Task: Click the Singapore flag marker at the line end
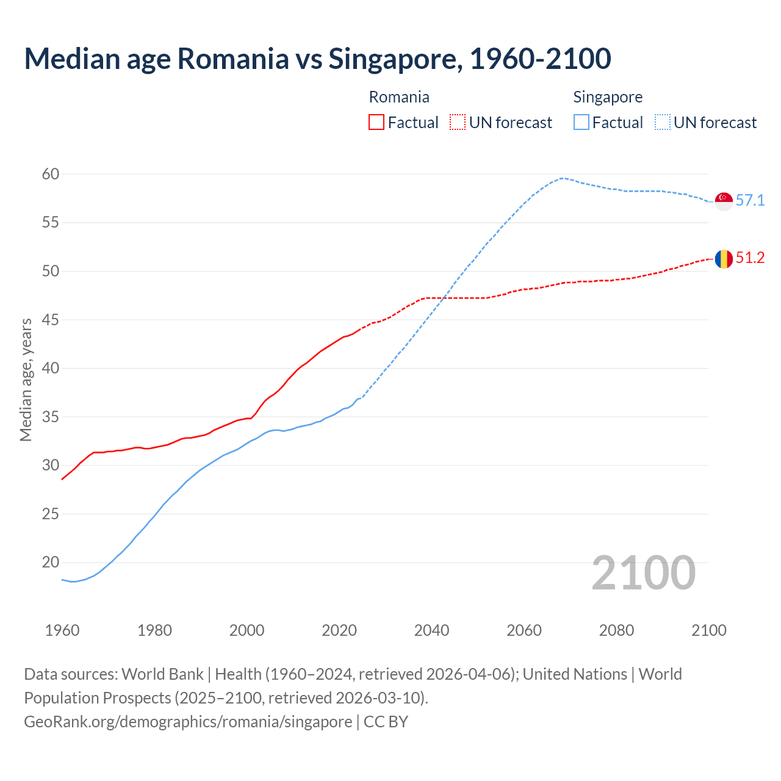point(724,201)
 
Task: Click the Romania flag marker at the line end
point(724,259)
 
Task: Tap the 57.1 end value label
point(750,200)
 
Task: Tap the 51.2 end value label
point(750,258)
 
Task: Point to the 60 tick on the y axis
point(51,174)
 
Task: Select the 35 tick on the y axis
point(51,417)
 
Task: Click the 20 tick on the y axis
point(51,563)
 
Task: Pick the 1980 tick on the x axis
point(154,630)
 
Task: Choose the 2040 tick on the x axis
point(431,630)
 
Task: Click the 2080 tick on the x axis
point(616,630)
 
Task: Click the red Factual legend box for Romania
point(376,123)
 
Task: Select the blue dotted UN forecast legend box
point(663,123)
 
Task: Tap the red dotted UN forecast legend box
point(458,123)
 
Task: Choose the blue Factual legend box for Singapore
point(581,123)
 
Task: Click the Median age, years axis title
point(26,380)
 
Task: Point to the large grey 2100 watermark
point(643,573)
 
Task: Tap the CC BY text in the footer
point(386,722)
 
